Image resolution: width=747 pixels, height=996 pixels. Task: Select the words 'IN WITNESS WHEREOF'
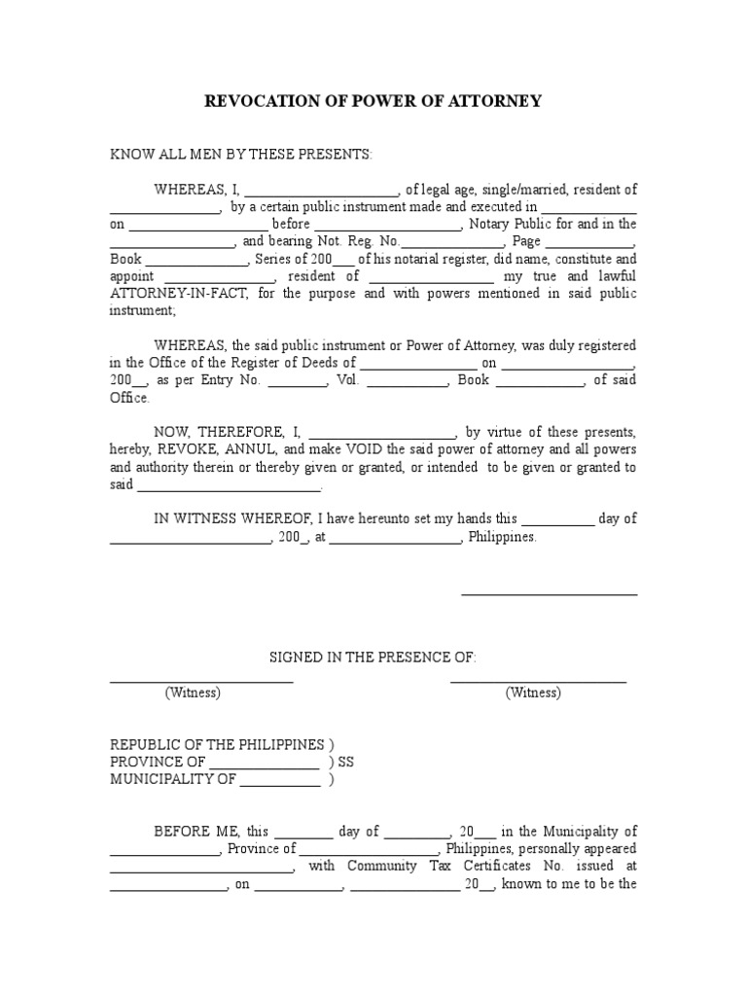tap(223, 519)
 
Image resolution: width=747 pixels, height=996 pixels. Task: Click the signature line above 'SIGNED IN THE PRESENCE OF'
tap(549, 592)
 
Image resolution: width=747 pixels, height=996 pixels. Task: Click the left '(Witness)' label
tap(193, 694)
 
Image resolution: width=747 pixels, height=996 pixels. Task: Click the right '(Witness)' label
tap(533, 694)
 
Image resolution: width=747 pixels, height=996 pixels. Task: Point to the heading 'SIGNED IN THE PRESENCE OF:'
tap(373, 658)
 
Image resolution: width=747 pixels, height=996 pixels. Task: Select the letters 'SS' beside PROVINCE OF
tap(346, 763)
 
